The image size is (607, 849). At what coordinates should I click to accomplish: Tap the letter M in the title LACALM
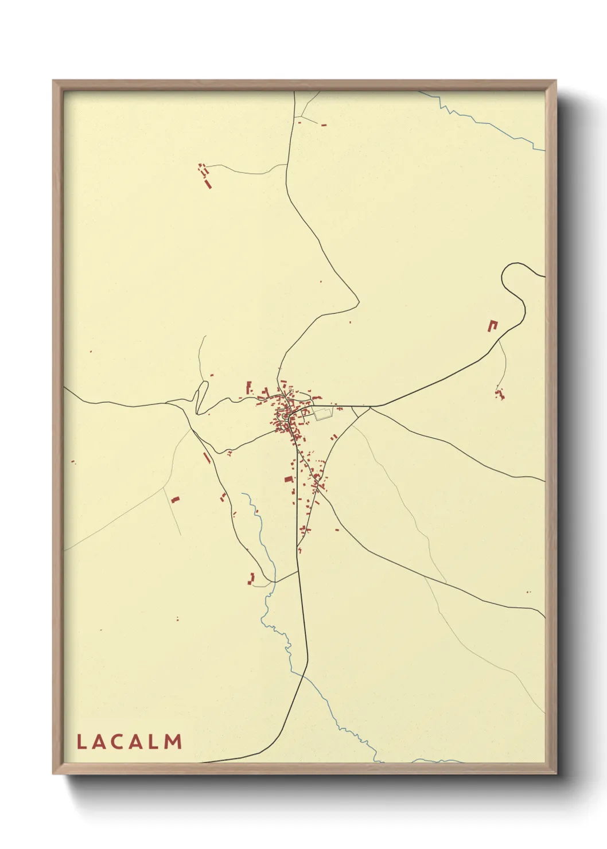[x=173, y=742]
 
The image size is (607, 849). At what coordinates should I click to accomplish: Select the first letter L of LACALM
[x=81, y=742]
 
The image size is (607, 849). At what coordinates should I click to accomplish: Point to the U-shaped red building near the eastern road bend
[x=492, y=325]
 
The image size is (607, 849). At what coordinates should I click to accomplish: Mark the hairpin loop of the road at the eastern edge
[x=512, y=281]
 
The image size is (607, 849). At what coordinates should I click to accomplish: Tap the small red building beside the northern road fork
[x=324, y=124]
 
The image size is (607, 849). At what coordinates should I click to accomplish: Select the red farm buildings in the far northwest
[x=205, y=176]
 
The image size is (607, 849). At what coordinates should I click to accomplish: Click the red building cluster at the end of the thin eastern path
[x=500, y=394]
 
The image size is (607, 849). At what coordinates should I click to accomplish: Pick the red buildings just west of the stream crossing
[x=251, y=579]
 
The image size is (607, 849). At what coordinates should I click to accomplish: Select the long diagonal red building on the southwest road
[x=207, y=458]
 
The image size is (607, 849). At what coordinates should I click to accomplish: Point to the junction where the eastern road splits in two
[x=370, y=407]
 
